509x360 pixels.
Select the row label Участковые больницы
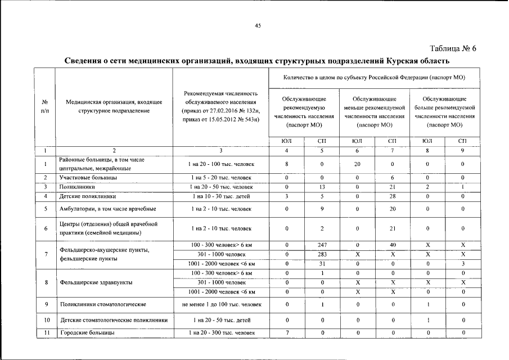(88, 177)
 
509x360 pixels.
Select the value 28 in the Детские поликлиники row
(393, 196)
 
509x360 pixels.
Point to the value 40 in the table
(393, 246)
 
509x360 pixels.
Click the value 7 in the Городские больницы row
(287, 333)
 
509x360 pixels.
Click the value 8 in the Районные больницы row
(287, 164)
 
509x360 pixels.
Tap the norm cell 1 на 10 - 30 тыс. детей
(220, 196)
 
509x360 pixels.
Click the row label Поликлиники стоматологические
(103, 305)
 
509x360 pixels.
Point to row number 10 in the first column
(44, 320)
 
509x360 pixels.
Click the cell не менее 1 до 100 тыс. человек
(221, 305)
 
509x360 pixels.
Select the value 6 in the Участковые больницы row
(393, 177)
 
